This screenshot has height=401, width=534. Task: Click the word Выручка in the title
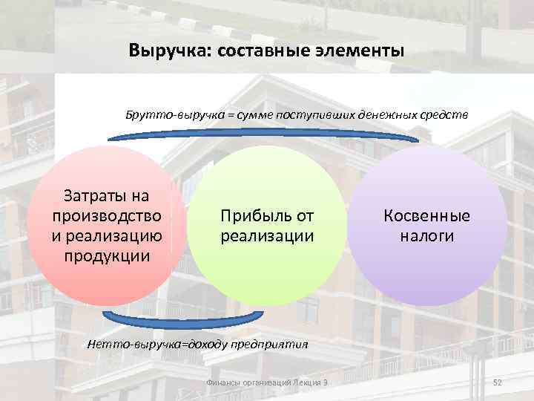point(162,52)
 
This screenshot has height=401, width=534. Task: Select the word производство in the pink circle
point(107,216)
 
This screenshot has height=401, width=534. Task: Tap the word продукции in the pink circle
point(107,256)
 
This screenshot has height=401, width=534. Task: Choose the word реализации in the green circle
point(267,236)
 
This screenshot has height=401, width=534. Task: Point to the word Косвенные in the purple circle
point(426,216)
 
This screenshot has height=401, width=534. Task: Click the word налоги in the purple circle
point(426,236)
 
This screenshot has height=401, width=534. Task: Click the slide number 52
point(498,382)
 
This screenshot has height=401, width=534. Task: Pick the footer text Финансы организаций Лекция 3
point(267,382)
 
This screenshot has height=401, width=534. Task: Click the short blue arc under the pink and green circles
point(182,321)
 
